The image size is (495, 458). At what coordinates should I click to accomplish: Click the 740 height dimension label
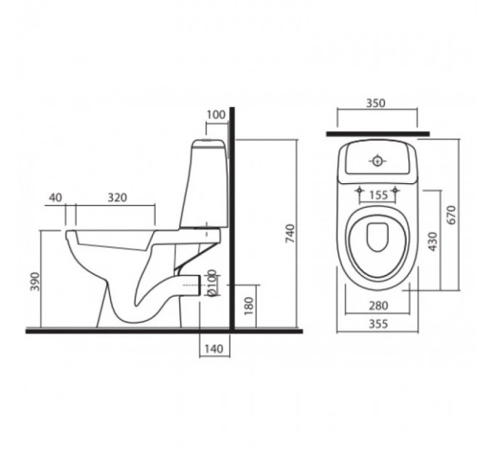pyautogui.click(x=290, y=233)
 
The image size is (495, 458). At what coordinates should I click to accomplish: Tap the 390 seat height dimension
pyautogui.click(x=35, y=281)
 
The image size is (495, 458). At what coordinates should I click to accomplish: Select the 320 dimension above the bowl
pyautogui.click(x=117, y=198)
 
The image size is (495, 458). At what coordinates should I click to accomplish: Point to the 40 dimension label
pyautogui.click(x=55, y=198)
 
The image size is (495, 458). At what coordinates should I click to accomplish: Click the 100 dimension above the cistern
pyautogui.click(x=216, y=115)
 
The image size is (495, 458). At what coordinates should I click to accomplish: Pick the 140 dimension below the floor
pyautogui.click(x=214, y=349)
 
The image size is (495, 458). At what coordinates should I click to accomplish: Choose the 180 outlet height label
pyautogui.click(x=249, y=306)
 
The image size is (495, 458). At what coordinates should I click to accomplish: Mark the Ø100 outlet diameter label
pyautogui.click(x=212, y=283)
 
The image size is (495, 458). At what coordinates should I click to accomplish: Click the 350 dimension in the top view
pyautogui.click(x=376, y=103)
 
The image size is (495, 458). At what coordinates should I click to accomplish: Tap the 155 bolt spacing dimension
pyautogui.click(x=379, y=195)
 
